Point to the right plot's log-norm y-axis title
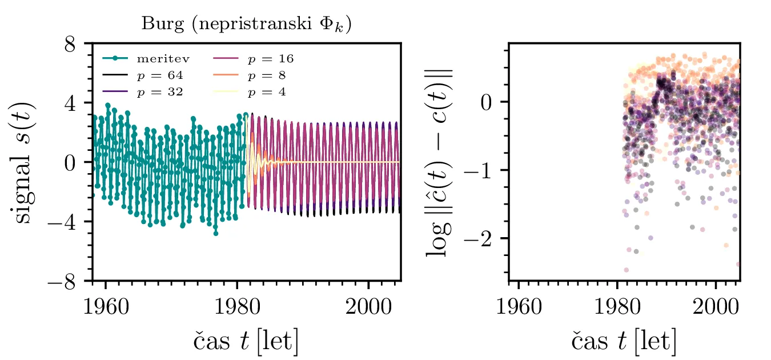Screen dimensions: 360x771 [x=440, y=162]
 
